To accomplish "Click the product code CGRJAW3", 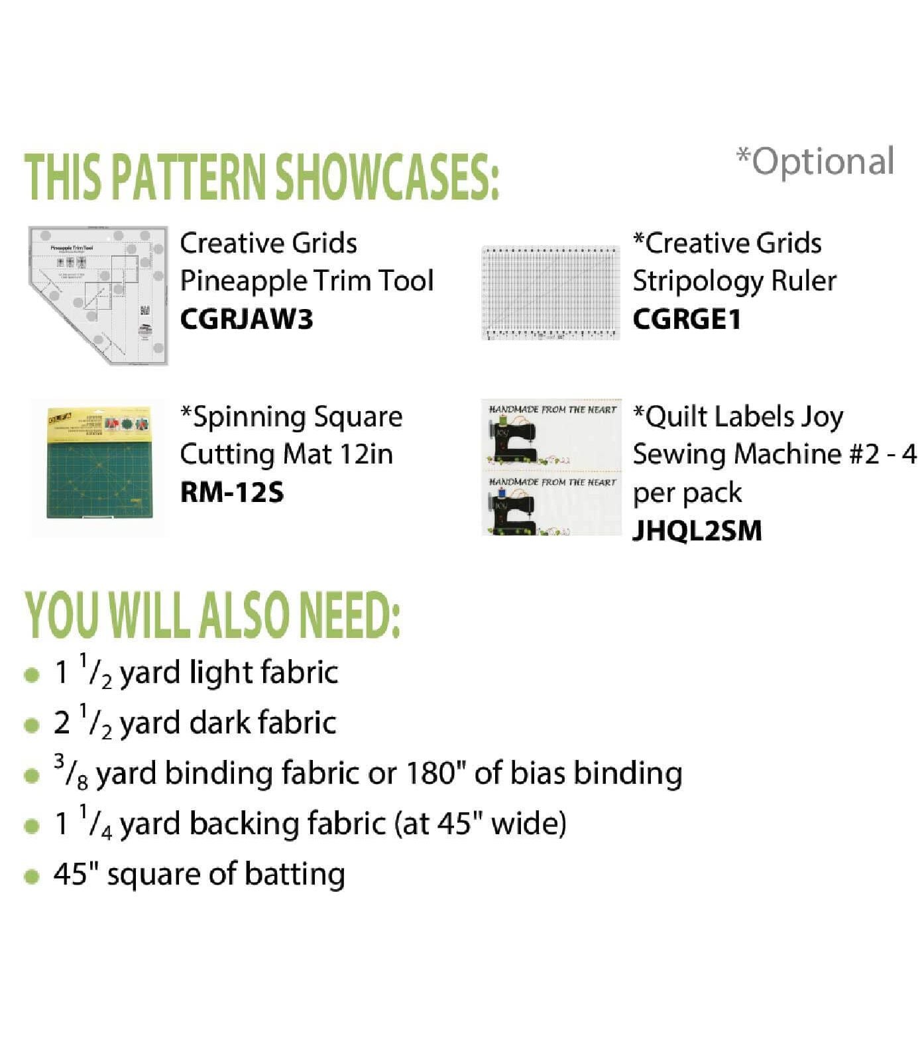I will [246, 320].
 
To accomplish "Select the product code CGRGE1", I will [686, 320].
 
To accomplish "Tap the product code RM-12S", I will [231, 493].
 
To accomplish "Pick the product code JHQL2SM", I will [697, 531].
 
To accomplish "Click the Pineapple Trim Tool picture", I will [98, 294].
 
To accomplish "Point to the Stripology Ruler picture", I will [550, 292].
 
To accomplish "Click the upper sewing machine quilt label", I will [551, 434].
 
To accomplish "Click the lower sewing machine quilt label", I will [551, 506].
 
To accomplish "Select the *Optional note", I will [815, 162].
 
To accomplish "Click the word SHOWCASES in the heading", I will [386, 177].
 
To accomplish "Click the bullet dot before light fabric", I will [31, 675].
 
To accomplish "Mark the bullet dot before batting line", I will [31, 876].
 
